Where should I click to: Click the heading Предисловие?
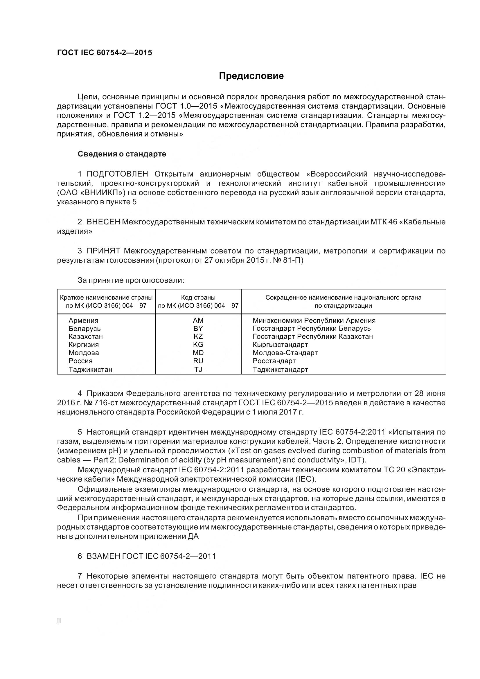[251, 76]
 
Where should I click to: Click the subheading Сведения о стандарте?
[122, 154]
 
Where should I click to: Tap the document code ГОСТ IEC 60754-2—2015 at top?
[105, 53]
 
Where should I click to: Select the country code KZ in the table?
[198, 336]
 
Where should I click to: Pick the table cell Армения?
[83, 320]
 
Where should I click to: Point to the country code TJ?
[198, 369]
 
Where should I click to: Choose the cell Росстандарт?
[274, 361]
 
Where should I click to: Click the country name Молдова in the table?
[84, 353]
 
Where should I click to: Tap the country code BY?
[198, 329]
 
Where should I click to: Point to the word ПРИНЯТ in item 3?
[103, 251]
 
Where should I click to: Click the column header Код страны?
[198, 298]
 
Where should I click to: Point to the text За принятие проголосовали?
[131, 280]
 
